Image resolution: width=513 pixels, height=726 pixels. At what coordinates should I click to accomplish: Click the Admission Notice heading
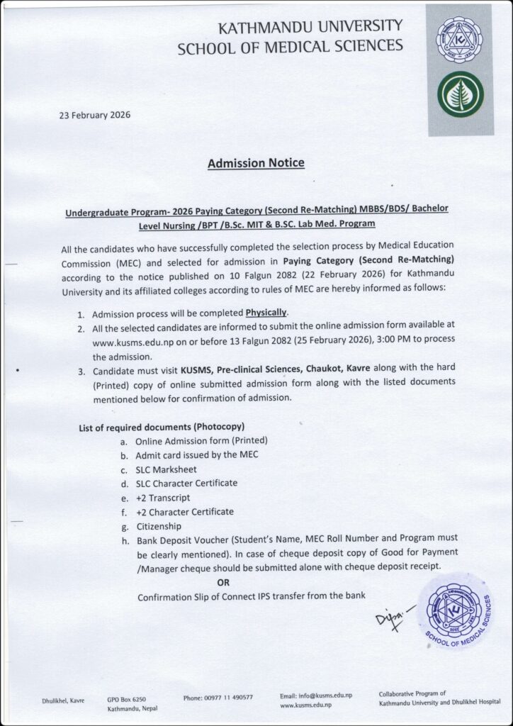pos(256,164)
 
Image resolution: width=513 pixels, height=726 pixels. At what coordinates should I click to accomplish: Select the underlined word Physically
pos(267,313)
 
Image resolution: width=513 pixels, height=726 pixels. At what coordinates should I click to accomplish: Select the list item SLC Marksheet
pos(167,469)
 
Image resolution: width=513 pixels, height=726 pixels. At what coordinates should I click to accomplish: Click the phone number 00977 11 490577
pos(218,698)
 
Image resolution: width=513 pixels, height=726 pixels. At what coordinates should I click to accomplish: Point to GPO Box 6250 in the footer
pos(127,698)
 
